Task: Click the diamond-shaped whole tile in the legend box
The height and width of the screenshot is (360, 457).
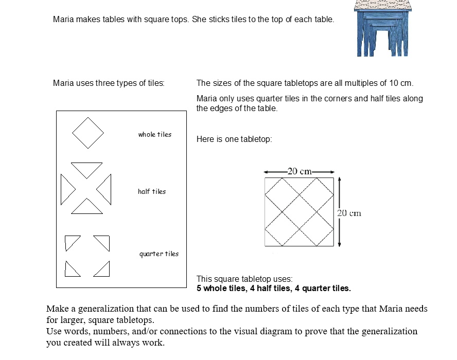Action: (88, 133)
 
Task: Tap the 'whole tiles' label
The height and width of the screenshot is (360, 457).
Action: (154, 135)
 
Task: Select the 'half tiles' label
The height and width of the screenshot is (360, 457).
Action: (152, 192)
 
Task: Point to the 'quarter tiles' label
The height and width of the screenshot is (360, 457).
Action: (159, 254)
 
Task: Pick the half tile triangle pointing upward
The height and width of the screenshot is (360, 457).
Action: (86, 207)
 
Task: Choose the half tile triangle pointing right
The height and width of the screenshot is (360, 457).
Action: (66, 189)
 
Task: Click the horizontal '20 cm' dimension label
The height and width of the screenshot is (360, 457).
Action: (299, 172)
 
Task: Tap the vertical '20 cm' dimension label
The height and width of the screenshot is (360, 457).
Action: (349, 213)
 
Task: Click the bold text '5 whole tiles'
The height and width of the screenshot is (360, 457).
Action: (220, 289)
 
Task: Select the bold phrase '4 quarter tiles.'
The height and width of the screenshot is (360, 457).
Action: (323, 289)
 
